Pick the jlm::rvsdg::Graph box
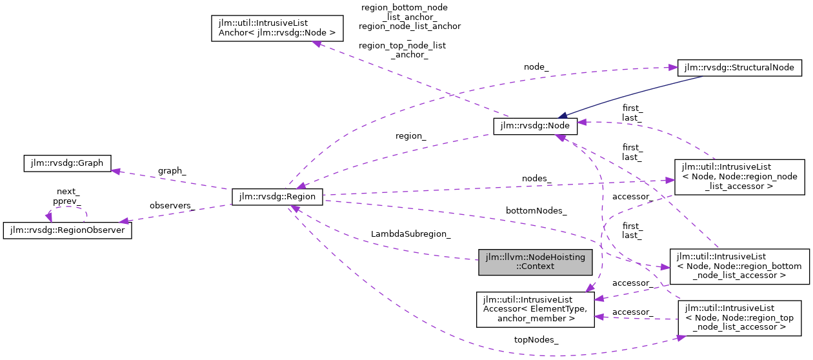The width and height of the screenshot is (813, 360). coord(67,163)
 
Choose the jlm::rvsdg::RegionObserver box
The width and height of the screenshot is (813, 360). coord(67,230)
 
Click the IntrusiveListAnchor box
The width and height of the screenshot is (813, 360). coord(277,29)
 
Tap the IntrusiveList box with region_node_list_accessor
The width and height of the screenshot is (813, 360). coord(739,177)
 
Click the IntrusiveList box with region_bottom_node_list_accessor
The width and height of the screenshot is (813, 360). coord(739,266)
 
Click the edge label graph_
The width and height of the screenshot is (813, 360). coord(172,171)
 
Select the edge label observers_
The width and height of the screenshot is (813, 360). coord(172,205)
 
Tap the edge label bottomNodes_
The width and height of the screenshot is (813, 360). coord(536,211)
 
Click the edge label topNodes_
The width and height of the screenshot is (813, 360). coord(536,339)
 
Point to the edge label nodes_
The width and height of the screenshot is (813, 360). coord(537,178)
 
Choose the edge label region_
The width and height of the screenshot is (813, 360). coord(411,136)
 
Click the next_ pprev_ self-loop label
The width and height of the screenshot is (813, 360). coord(67,196)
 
